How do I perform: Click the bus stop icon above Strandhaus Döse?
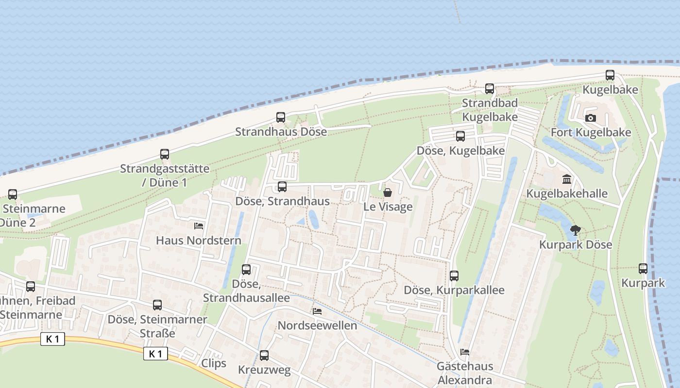[281, 117]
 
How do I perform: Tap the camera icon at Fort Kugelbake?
[591, 118]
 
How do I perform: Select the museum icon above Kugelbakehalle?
[566, 179]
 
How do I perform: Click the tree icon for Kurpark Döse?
[576, 230]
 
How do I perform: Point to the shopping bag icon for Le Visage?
[388, 193]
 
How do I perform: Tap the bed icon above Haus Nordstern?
[198, 226]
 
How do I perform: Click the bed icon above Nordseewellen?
[317, 311]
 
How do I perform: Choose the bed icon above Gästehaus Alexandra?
[465, 352]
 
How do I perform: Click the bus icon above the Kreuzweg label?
[264, 356]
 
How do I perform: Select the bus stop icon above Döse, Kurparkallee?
[454, 276]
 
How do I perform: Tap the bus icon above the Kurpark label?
[643, 269]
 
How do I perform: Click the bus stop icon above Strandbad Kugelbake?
[490, 89]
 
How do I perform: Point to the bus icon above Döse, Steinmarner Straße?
[157, 305]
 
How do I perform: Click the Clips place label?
[214, 363]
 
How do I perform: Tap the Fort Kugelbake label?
[591, 132]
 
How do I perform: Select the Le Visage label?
[388, 207]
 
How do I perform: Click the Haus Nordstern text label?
[198, 240]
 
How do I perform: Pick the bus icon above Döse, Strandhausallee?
[246, 270]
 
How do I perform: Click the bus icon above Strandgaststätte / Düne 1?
[165, 155]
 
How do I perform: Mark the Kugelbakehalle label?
[567, 194]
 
